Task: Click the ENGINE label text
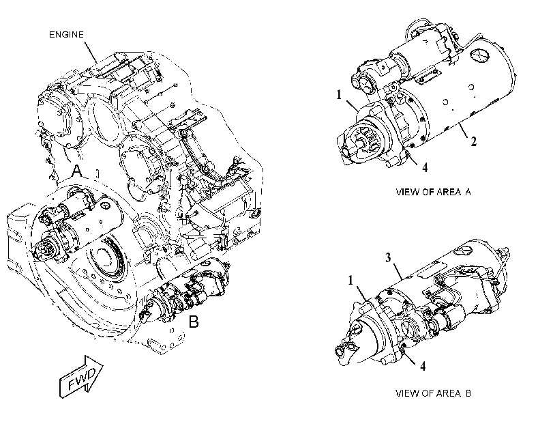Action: coord(66,35)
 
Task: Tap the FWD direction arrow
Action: coord(81,376)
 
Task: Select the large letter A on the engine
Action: coord(77,171)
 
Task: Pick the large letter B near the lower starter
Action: coord(194,322)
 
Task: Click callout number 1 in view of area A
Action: coord(339,95)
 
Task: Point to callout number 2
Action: coord(473,141)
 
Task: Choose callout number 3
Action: coord(388,258)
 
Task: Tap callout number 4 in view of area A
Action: coord(425,167)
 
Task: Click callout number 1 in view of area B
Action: coord(350,280)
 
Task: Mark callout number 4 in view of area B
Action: coord(423,366)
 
